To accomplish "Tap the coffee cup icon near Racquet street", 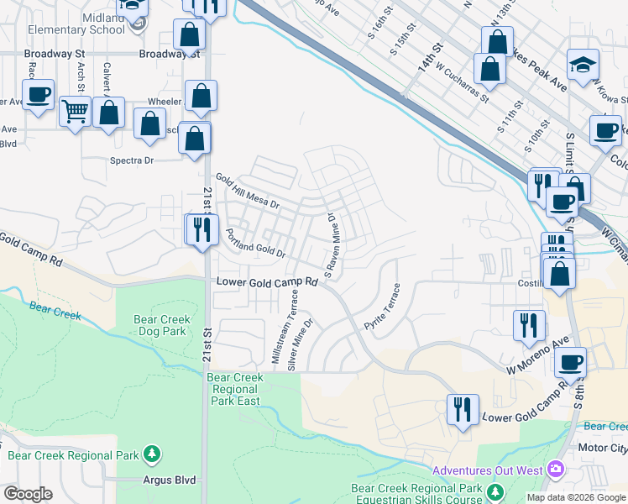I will tap(38, 95).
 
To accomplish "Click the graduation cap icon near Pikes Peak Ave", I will tap(581, 65).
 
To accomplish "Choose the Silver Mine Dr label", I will tap(301, 344).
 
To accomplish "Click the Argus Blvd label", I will tap(169, 480).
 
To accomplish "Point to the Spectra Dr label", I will tap(133, 160).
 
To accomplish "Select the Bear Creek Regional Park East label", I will tap(235, 389).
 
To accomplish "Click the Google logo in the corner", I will tap(28, 493).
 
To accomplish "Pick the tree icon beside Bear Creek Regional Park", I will tap(152, 455).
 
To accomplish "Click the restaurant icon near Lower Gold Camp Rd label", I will tap(463, 410).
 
